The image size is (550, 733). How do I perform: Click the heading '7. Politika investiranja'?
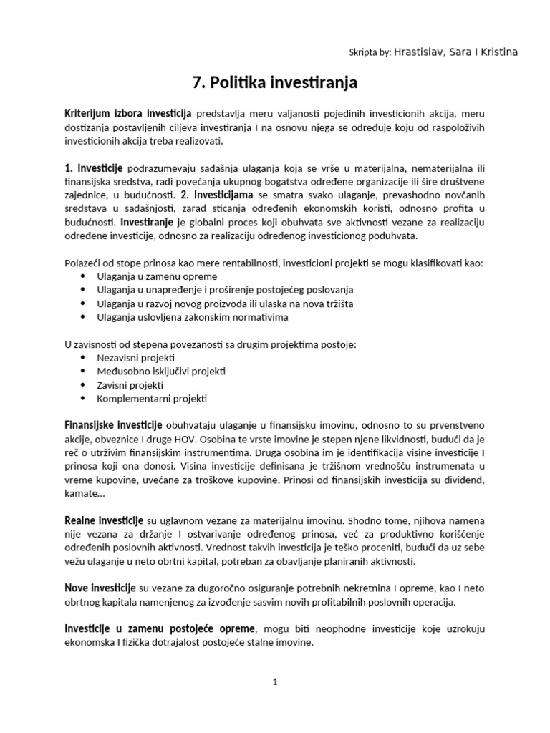275,84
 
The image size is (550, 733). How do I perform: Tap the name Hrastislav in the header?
418,52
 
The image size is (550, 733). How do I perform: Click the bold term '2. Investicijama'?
217,195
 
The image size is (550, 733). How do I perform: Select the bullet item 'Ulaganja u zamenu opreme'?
157,276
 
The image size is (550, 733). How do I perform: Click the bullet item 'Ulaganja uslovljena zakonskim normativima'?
193,317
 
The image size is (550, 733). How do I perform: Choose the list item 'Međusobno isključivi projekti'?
161,371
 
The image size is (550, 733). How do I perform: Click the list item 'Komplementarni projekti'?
152,398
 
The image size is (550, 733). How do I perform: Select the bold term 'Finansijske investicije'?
113,425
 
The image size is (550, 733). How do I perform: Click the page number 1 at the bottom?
275,682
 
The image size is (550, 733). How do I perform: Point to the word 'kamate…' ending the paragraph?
85,494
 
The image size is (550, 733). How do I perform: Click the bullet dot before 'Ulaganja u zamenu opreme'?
83,276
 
